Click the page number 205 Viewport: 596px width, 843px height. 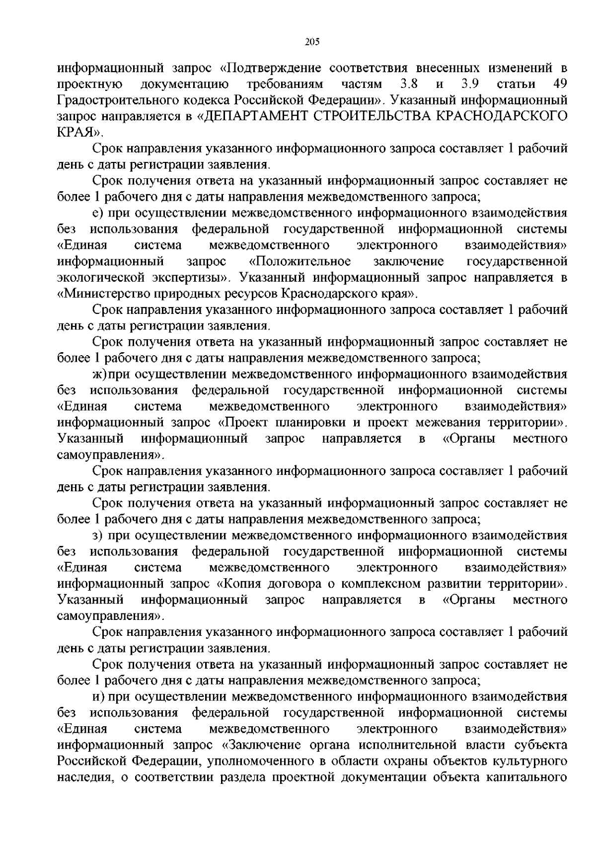tap(311, 42)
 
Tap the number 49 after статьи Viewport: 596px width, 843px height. tap(559, 83)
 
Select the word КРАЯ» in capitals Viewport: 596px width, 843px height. tap(80, 132)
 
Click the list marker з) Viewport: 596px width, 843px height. tap(97, 536)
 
